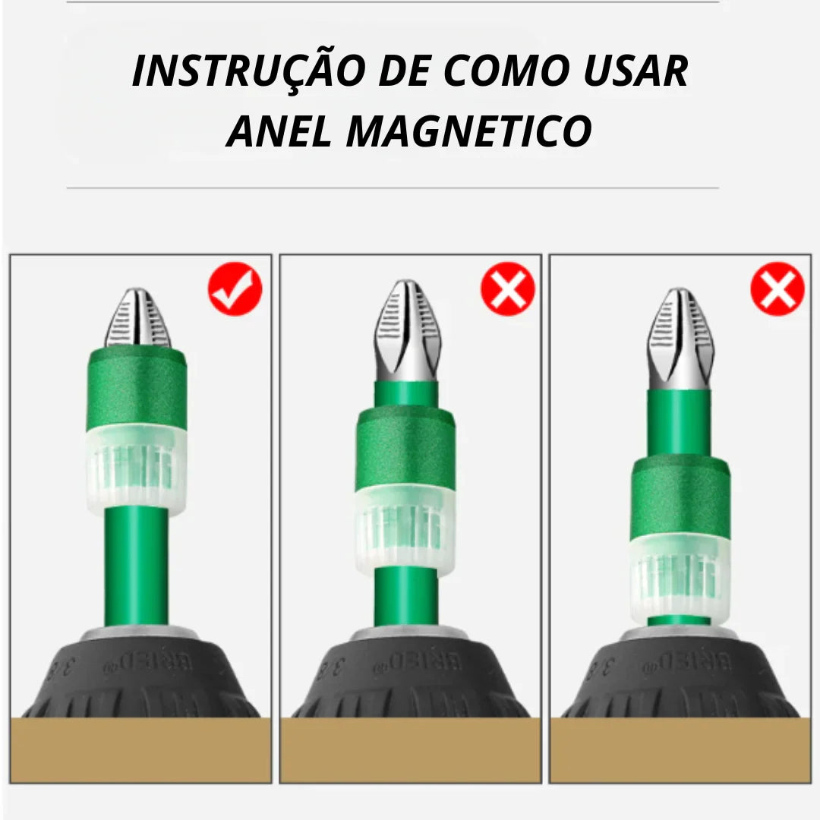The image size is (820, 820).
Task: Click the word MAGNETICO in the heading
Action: point(469,131)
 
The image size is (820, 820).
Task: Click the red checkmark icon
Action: point(235,289)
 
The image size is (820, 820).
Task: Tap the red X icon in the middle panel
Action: point(507,289)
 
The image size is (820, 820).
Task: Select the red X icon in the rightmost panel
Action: point(777,289)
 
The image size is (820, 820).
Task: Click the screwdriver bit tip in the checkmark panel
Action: point(137,319)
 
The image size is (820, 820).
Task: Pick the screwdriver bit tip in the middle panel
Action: point(407,330)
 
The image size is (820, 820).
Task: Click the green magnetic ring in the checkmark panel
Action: point(137,387)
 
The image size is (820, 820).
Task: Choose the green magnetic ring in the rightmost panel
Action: point(680,497)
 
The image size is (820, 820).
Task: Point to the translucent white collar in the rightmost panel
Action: point(680,577)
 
